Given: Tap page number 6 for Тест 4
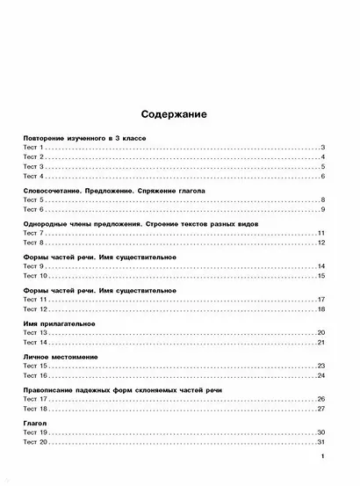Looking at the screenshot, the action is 323,177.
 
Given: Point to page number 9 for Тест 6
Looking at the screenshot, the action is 323,209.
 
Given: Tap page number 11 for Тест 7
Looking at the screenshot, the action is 321,233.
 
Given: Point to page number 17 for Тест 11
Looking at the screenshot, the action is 321,300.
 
